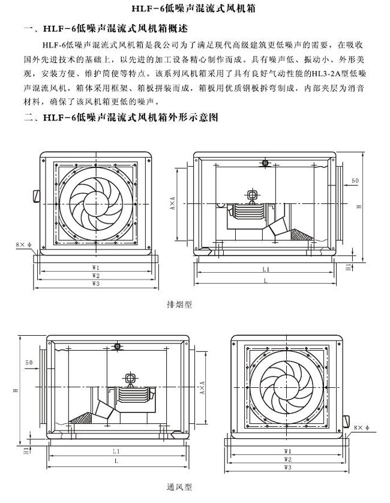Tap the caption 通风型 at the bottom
click(179, 487)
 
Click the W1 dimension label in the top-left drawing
click(96, 266)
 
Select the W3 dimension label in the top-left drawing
click(96, 282)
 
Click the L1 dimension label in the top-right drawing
click(265, 270)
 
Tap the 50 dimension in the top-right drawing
click(355, 180)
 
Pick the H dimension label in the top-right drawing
click(358, 206)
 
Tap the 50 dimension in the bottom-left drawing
click(29, 363)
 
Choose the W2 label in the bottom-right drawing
click(288, 458)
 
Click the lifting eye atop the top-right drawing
click(265, 163)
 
